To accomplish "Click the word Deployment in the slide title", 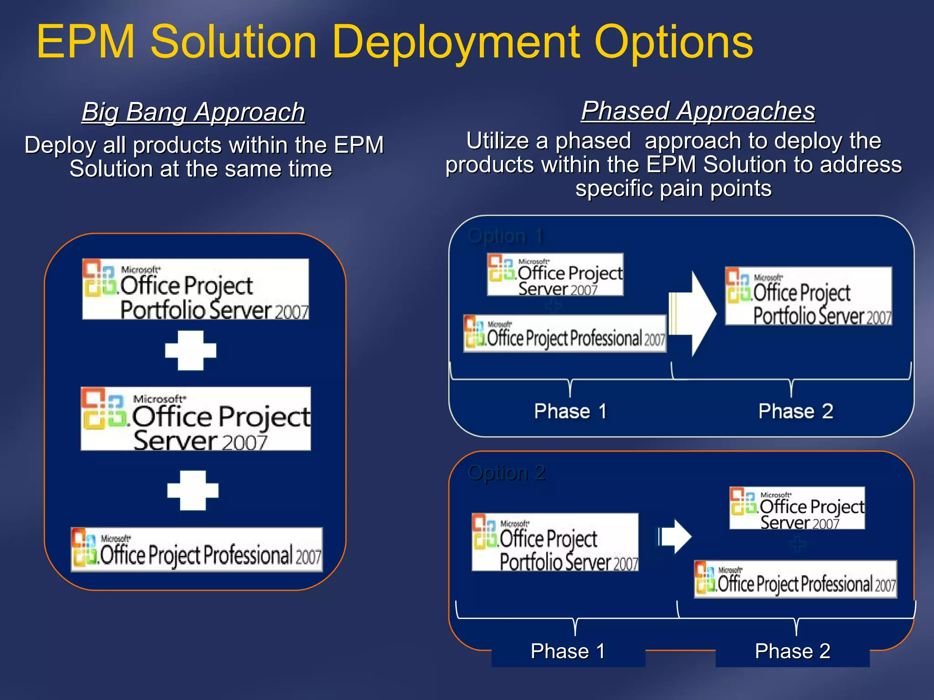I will [x=456, y=42].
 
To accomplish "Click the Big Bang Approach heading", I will [x=193, y=112].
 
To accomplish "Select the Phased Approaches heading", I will [x=698, y=111].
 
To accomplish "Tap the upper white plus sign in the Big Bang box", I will [x=191, y=350].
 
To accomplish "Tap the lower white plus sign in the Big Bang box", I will [x=193, y=490].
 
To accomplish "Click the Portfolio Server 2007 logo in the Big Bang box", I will [x=196, y=289].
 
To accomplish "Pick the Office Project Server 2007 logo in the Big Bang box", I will [x=196, y=419].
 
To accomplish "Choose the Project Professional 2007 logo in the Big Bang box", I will [x=197, y=550].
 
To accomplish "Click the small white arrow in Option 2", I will [x=676, y=536].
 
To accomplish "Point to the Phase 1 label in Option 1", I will [x=570, y=411].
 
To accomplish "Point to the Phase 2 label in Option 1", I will [x=795, y=411].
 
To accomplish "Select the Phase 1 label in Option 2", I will [x=568, y=651].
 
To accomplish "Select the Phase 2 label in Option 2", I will [x=792, y=651].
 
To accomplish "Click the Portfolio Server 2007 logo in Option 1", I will [x=808, y=296].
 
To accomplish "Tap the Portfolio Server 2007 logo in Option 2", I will [x=555, y=542].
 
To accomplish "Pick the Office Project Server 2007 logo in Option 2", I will [x=797, y=508].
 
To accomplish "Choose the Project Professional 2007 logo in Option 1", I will [x=565, y=334].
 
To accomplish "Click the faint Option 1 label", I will [x=505, y=236].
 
